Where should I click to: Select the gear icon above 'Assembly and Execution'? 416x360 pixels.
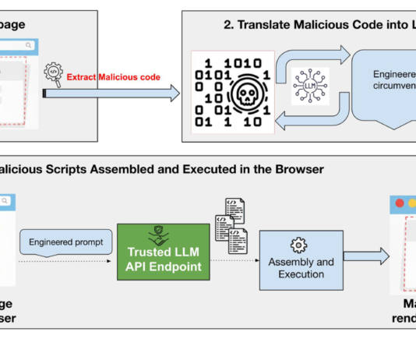click(298, 245)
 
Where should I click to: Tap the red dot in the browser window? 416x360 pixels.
click(400, 204)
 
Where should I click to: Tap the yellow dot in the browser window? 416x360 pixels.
click(411, 204)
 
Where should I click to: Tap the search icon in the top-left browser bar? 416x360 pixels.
click(29, 46)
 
